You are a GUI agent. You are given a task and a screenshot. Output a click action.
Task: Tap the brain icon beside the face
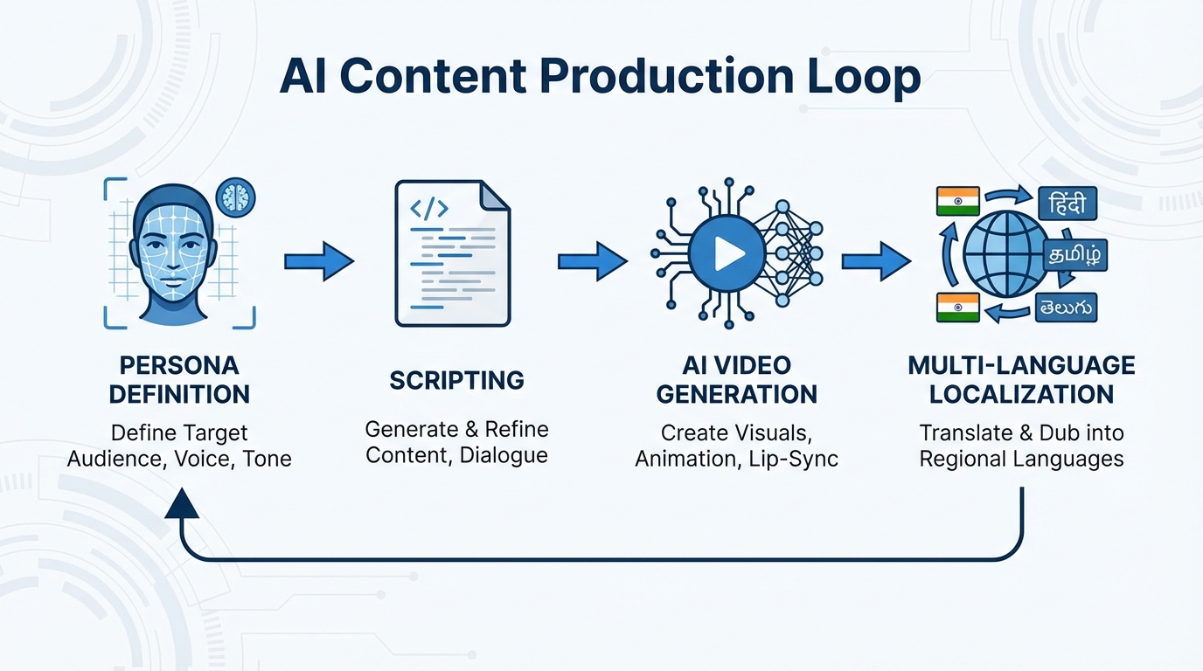pos(234,197)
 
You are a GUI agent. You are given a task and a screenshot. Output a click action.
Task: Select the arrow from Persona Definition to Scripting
pos(319,261)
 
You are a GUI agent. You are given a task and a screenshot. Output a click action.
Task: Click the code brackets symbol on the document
pos(429,209)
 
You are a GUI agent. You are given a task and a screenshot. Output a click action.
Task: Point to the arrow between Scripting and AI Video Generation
pos(593,261)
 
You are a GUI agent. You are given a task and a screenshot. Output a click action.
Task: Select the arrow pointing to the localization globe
pos(876,261)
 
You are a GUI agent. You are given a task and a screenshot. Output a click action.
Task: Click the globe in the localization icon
pos(1005,254)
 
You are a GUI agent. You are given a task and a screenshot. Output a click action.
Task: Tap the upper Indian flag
pos(957,201)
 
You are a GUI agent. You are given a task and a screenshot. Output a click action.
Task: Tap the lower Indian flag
pos(957,308)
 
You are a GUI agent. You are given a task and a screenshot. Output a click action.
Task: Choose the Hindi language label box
pos(1067,204)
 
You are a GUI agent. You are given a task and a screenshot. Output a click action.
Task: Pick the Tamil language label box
pos(1076,256)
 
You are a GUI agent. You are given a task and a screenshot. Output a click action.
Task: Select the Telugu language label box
pos(1066,307)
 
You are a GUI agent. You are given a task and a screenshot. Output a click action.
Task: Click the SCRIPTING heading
pos(456,381)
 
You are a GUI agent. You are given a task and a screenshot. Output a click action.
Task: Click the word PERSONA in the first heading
pos(179,365)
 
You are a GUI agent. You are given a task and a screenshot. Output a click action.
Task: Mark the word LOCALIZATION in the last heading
pos(1021,394)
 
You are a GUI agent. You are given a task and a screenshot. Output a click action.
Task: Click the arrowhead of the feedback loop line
pos(182,504)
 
